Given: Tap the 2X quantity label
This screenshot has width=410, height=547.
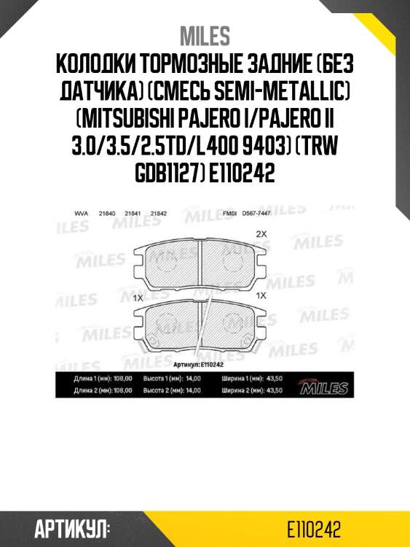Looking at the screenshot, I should [x=262, y=235].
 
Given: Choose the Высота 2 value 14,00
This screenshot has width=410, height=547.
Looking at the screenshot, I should [x=192, y=391].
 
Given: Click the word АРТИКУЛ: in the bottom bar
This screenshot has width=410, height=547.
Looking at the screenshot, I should [x=71, y=528].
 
